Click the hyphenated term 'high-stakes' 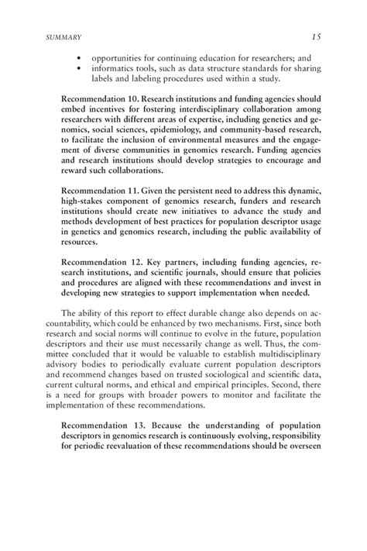click(84, 201)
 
